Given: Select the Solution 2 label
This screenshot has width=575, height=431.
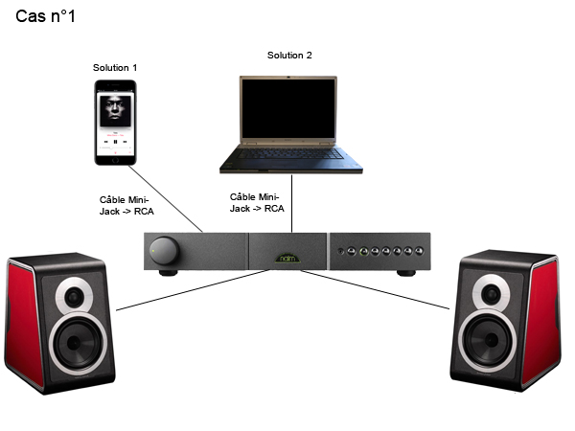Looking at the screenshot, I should (x=288, y=56).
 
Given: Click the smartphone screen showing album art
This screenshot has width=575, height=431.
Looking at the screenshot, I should (x=116, y=118).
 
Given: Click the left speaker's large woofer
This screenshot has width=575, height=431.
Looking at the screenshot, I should (x=75, y=342).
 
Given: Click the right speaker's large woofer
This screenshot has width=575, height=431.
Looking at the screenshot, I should (x=493, y=342).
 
